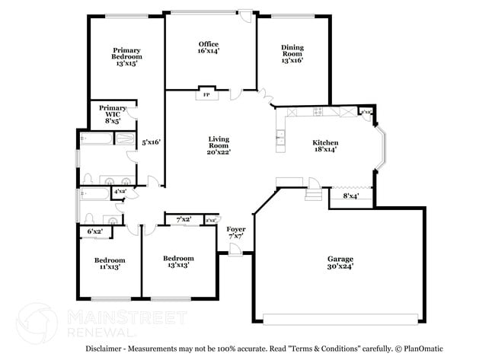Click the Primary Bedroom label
[x=127, y=57]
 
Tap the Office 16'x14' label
[x=209, y=47]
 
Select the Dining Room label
[x=292, y=53]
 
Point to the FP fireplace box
[x=206, y=95]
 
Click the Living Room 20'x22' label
[x=219, y=145]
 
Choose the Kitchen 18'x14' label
[x=325, y=146]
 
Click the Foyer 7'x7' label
[x=236, y=232]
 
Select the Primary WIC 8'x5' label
[x=113, y=113]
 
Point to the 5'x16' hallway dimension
[x=151, y=142]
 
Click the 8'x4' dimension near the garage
[x=350, y=196]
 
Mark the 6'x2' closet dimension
[x=95, y=231]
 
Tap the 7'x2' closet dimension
[x=184, y=220]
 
